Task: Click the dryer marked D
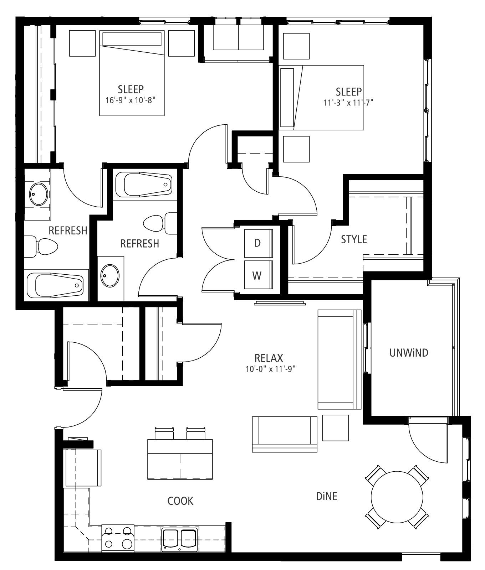coord(258,243)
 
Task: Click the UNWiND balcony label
coord(409,353)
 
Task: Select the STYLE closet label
coord(354,239)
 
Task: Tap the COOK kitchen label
coord(180,501)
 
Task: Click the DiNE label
coord(327,496)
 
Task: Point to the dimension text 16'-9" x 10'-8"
coord(131,100)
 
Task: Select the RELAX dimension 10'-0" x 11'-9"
coord(271,369)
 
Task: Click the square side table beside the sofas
coord(336,428)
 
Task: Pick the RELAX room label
coord(269,358)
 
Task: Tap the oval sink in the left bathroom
coord(39,195)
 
